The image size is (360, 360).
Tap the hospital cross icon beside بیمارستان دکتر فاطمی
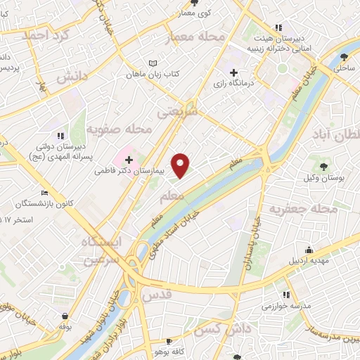[x=129, y=160]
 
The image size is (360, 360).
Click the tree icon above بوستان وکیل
[x=323, y=167]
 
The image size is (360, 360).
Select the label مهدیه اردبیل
[x=307, y=260]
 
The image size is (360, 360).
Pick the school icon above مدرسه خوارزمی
[x=286, y=296]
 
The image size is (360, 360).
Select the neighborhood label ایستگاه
[x=101, y=241]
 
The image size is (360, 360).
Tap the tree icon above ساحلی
[x=343, y=58]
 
